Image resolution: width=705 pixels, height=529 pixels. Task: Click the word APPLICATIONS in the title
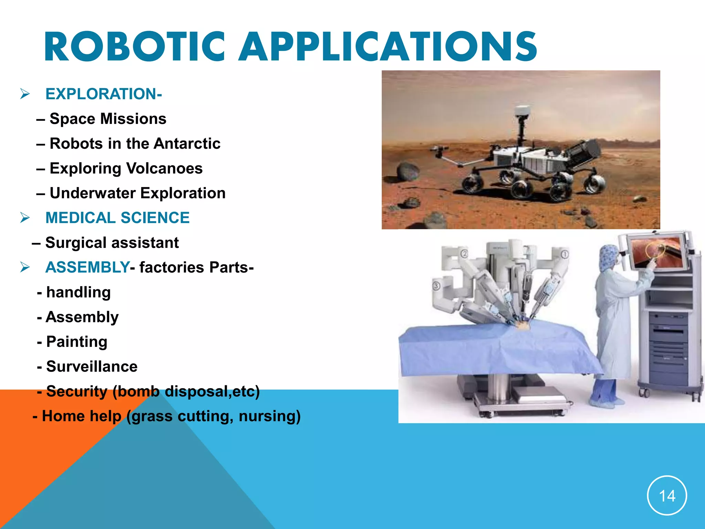(x=388, y=47)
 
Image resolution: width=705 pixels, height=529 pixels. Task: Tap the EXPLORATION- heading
(x=103, y=94)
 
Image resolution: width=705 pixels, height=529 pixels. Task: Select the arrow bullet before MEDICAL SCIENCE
(x=25, y=218)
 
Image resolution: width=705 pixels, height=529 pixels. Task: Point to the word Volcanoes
(x=165, y=168)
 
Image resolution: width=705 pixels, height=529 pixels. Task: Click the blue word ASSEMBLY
(x=87, y=268)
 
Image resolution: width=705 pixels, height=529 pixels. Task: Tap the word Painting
(x=77, y=342)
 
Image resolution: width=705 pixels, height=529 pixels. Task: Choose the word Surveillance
(x=92, y=367)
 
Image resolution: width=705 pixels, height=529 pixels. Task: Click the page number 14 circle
(x=667, y=496)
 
